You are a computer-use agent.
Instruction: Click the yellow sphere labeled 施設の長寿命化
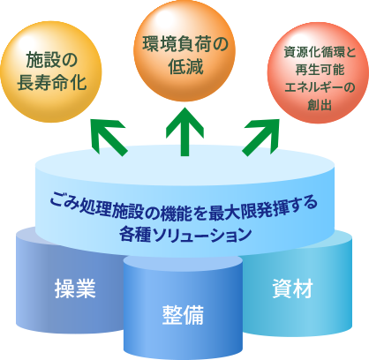[51, 71]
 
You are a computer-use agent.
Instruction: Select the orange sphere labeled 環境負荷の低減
[184, 50]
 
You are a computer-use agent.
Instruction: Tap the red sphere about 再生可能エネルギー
[318, 72]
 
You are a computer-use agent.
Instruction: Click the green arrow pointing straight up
[184, 131]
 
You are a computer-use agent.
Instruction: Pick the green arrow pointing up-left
[109, 138]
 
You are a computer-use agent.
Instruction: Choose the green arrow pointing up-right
[260, 138]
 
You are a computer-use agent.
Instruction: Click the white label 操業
[75, 289]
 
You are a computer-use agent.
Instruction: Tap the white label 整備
[183, 315]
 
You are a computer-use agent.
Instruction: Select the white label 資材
[292, 289]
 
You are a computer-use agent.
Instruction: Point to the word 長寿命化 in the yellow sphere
[52, 82]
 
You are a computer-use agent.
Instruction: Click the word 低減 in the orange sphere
[185, 66]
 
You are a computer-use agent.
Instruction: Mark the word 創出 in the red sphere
[320, 104]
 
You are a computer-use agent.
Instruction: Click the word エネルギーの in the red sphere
[320, 87]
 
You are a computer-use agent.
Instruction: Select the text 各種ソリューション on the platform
[185, 235]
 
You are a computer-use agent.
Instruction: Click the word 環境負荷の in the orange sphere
[185, 44]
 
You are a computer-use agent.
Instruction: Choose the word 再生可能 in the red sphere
[320, 70]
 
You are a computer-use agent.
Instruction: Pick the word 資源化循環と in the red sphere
[320, 52]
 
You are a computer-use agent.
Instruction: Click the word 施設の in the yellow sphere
[52, 60]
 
